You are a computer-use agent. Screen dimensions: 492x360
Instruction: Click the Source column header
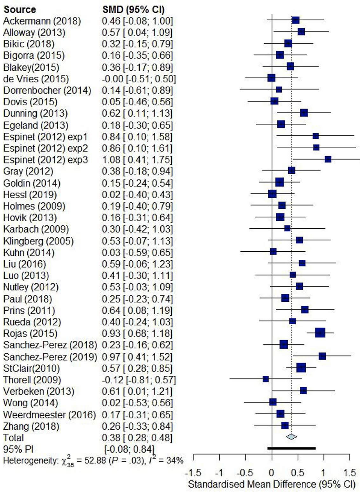tap(20, 10)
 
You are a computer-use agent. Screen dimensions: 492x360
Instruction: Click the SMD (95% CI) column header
tap(133, 10)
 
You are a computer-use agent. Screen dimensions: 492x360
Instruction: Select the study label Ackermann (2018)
tap(42, 21)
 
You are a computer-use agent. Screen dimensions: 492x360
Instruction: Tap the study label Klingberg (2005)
tap(38, 241)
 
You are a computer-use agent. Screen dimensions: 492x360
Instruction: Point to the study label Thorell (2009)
tap(32, 380)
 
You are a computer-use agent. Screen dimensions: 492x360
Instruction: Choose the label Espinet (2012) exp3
tap(45, 160)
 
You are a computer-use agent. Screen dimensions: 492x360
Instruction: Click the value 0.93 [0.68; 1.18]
tap(137, 334)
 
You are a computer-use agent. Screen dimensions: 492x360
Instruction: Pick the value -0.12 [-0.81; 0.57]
tap(139, 380)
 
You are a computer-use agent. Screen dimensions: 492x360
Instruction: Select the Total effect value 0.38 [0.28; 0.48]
tap(137, 438)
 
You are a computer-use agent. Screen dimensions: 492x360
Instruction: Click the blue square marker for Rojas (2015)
tap(320, 333)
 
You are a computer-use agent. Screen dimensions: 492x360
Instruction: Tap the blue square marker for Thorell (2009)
tap(266, 379)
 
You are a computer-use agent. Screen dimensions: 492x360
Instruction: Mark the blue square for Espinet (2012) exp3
tap(328, 159)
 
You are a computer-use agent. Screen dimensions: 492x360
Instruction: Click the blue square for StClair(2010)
tap(301, 368)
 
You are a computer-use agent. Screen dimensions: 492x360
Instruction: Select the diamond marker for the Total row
tap(291, 437)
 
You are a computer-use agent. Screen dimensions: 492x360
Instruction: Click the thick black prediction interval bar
tap(292, 448)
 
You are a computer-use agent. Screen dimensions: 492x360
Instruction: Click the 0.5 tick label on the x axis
tap(297, 472)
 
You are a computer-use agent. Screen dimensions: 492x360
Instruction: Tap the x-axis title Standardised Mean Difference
tap(272, 484)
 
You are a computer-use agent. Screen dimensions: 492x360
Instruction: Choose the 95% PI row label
tap(18, 449)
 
